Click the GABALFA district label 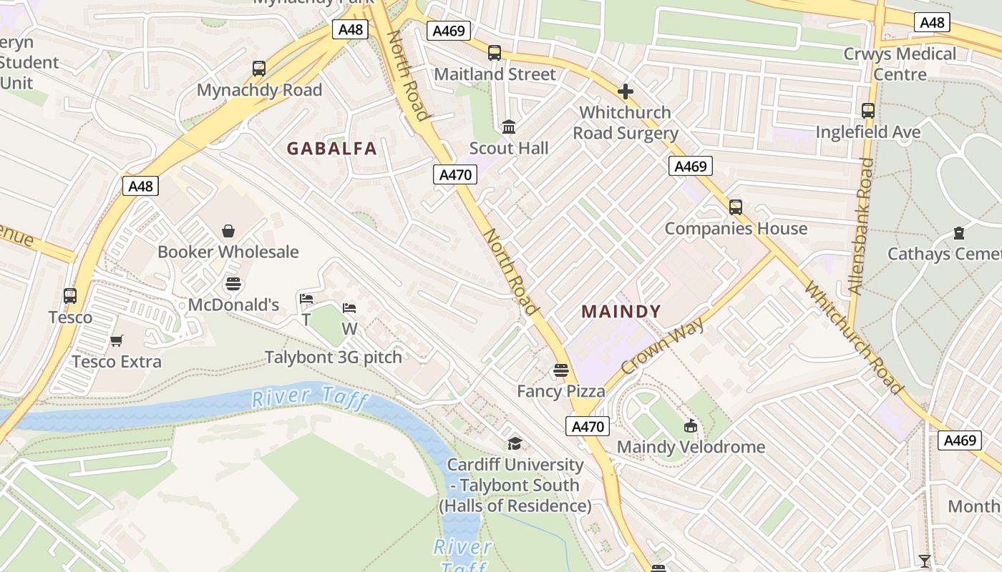click(331, 149)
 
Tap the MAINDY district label click(621, 312)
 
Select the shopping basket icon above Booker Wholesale click(228, 231)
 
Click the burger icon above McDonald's click(233, 284)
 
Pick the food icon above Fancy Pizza click(560, 370)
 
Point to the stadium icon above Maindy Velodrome click(691, 426)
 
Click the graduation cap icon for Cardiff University click(515, 443)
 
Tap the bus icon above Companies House click(735, 207)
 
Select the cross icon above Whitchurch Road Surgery click(625, 92)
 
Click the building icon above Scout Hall click(509, 127)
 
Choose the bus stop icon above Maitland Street click(494, 53)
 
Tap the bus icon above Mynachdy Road click(259, 69)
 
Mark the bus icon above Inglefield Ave click(867, 111)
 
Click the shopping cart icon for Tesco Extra click(116, 340)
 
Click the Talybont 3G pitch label click(333, 357)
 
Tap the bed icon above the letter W click(349, 308)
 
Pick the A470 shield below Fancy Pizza click(588, 427)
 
